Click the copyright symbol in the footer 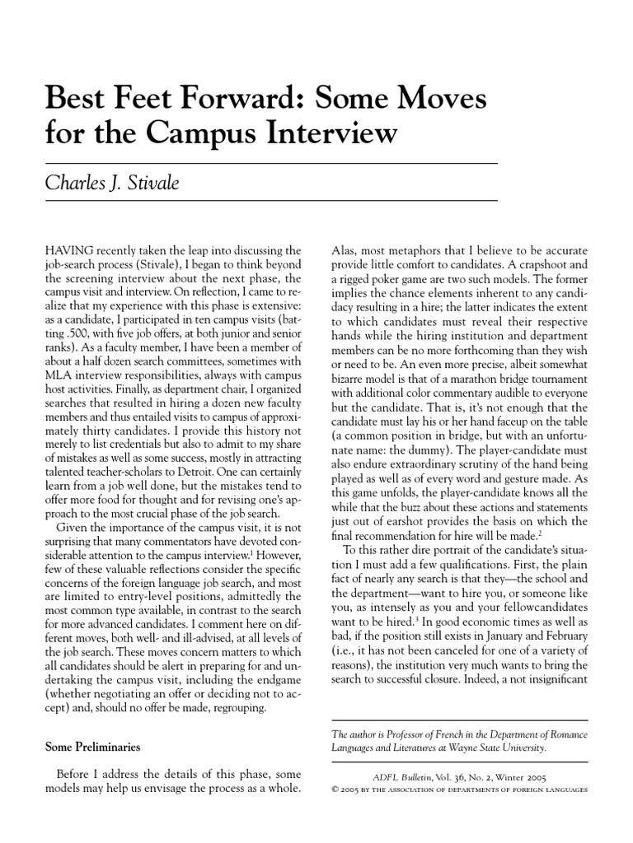pyautogui.click(x=335, y=788)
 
